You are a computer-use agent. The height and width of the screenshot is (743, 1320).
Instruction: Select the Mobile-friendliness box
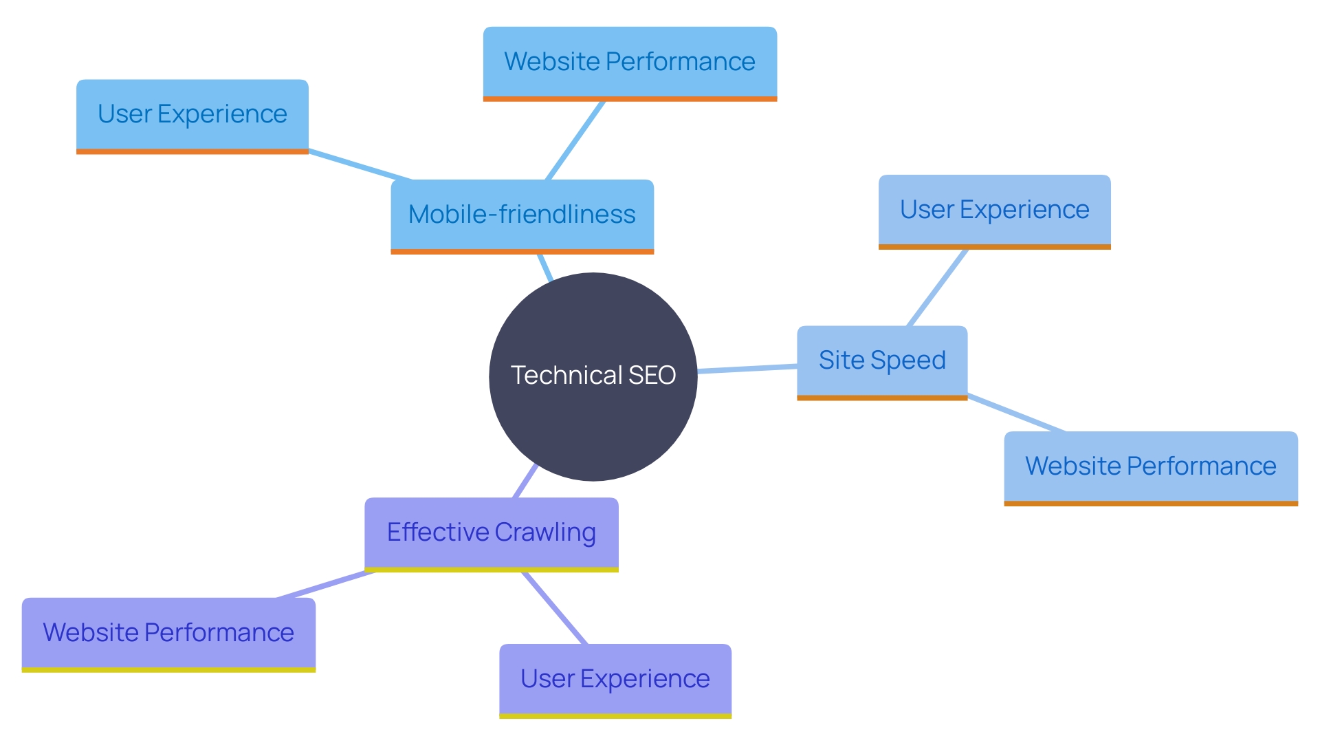tap(522, 215)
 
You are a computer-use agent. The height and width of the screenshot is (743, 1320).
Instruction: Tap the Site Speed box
tap(882, 360)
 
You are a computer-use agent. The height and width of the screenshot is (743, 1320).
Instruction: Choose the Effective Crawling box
tap(491, 532)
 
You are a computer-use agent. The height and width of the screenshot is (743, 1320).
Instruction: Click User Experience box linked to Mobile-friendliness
tap(192, 114)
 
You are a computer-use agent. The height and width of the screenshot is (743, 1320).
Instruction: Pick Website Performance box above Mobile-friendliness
tap(630, 62)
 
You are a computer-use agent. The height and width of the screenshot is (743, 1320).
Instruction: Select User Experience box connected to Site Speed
tap(994, 210)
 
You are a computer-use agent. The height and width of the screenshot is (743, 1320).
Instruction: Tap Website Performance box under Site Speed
tap(1150, 466)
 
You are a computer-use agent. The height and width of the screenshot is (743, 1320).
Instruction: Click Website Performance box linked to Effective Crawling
tap(168, 633)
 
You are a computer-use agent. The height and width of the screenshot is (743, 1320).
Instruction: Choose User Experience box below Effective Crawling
tap(615, 679)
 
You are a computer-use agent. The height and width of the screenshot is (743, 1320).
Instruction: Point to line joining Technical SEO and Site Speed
tap(747, 369)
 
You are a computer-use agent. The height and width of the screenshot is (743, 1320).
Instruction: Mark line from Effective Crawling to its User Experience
tap(554, 607)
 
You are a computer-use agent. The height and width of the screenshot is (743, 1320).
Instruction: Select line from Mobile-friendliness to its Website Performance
tap(575, 141)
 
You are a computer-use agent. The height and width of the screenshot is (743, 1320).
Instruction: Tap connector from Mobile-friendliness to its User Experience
tap(360, 165)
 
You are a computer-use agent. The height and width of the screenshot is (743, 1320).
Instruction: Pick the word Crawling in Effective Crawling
tap(544, 532)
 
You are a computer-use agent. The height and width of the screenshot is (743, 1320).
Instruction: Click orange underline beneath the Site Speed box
tap(882, 398)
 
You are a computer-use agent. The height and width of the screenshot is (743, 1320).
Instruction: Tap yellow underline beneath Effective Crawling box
tap(491, 570)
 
